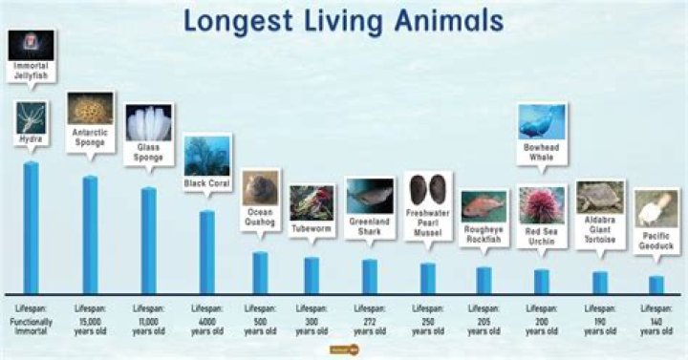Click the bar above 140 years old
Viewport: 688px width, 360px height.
(x=656, y=285)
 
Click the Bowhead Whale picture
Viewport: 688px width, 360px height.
(x=541, y=122)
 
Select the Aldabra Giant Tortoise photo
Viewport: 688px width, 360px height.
(x=600, y=196)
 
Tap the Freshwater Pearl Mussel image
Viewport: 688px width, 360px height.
(x=427, y=188)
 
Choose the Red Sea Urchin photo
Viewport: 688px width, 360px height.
(x=542, y=204)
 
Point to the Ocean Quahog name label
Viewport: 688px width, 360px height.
(x=260, y=217)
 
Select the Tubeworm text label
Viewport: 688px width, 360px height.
(x=312, y=229)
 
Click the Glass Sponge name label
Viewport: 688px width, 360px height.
(x=148, y=153)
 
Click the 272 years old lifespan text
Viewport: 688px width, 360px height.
(x=369, y=325)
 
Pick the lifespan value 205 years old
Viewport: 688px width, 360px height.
(x=484, y=325)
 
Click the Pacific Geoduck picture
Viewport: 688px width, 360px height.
(x=656, y=207)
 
